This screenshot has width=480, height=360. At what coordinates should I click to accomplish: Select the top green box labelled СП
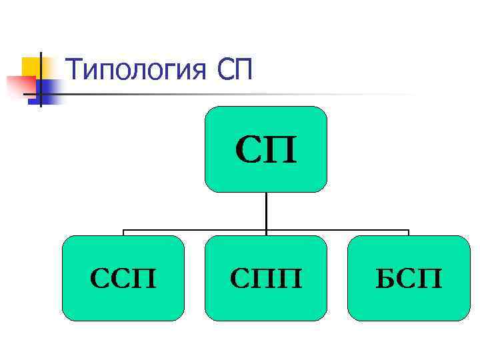[x=265, y=149]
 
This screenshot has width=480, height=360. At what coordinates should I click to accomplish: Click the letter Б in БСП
[x=385, y=278]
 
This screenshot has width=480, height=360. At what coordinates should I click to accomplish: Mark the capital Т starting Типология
[x=75, y=69]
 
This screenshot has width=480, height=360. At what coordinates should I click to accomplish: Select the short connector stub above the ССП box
[x=123, y=233]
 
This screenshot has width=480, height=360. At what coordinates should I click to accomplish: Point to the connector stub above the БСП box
[x=408, y=233]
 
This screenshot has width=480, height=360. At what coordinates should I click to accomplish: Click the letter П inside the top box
[x=281, y=151]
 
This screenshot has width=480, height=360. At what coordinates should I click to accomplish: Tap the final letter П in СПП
[x=289, y=278]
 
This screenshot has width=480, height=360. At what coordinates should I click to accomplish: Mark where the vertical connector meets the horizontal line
[x=266, y=230]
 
